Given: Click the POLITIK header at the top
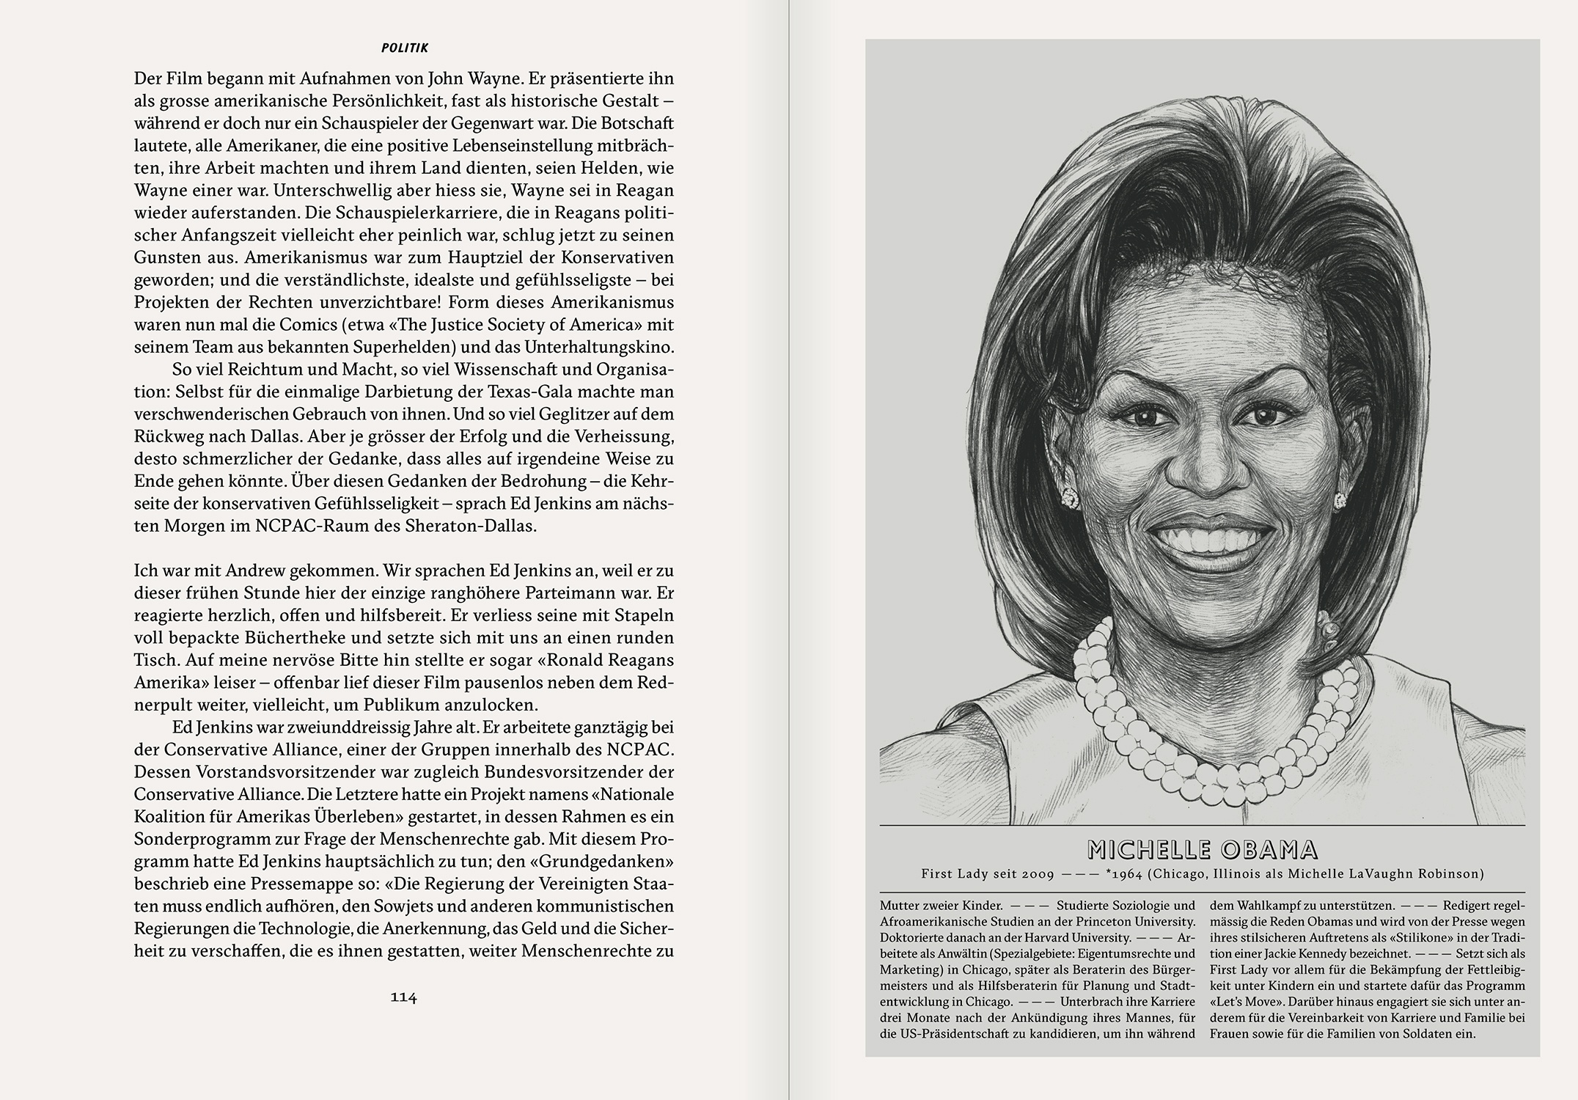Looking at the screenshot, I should click(405, 48).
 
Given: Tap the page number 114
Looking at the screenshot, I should click(403, 997).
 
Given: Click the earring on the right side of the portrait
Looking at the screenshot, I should click(1340, 500).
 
